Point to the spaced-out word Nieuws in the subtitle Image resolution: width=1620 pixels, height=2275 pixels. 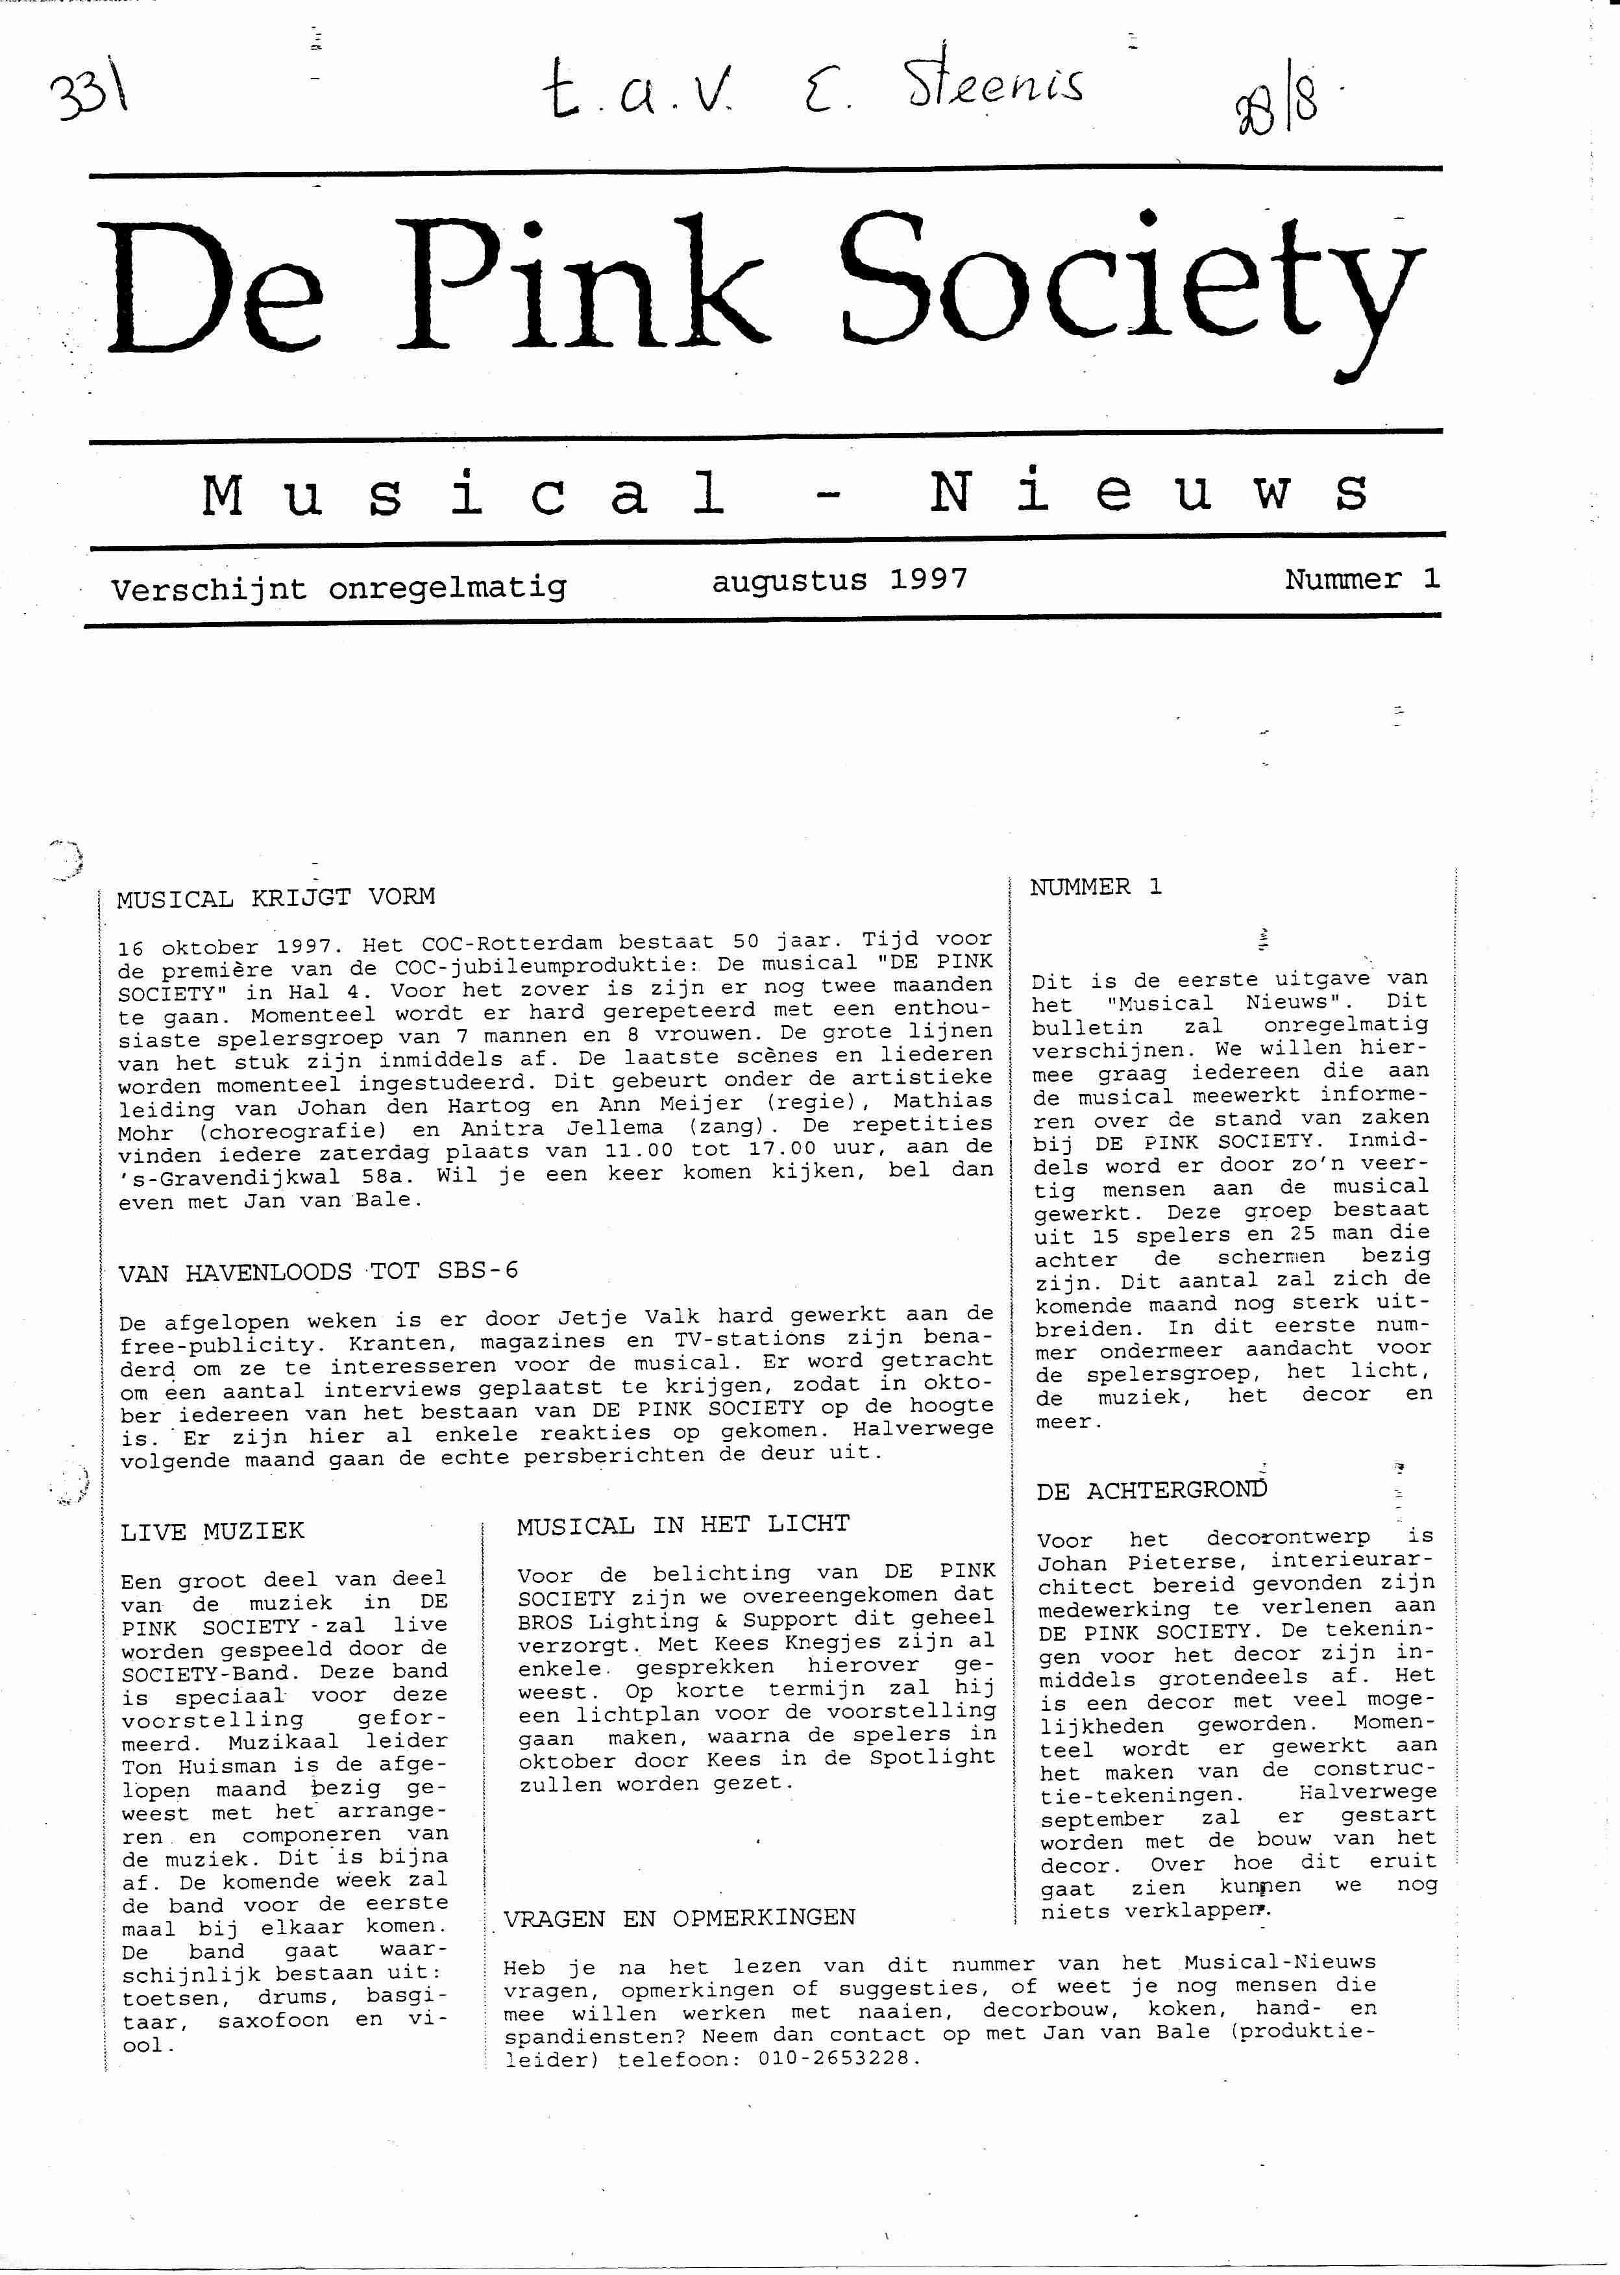coord(1147,492)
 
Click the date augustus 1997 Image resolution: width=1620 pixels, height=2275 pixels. coord(839,580)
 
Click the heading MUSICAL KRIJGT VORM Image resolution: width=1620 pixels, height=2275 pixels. coord(275,897)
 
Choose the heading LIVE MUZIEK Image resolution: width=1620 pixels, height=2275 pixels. coord(212,1532)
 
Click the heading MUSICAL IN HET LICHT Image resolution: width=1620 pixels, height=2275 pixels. coord(682,1524)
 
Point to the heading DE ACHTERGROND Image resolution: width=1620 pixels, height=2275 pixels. coord(1151,1491)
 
